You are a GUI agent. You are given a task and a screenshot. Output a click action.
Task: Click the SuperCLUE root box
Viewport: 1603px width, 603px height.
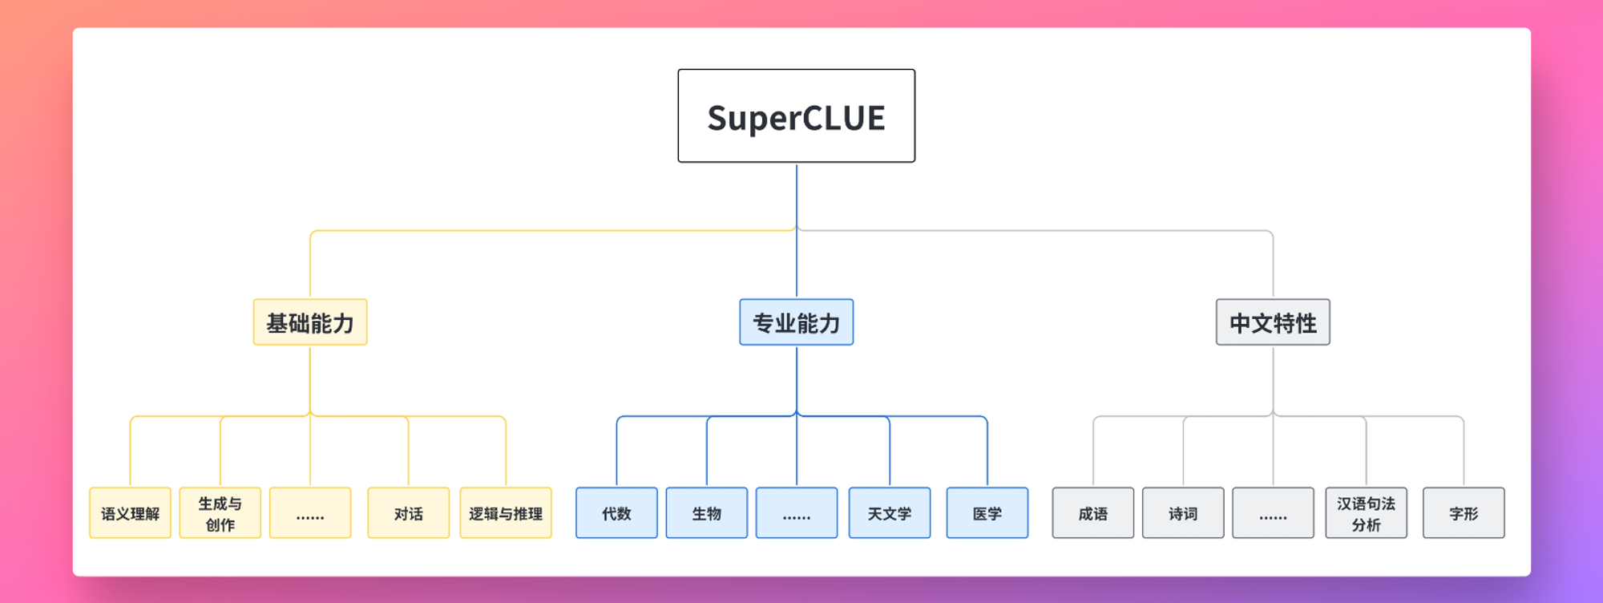(796, 115)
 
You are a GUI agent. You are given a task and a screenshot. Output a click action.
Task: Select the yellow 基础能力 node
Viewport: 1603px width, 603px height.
(310, 322)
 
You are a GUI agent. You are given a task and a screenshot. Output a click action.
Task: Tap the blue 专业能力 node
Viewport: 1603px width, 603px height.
(796, 322)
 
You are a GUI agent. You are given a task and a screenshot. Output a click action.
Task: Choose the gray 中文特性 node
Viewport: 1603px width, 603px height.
(1273, 322)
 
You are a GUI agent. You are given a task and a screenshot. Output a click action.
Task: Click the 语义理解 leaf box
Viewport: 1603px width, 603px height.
(130, 513)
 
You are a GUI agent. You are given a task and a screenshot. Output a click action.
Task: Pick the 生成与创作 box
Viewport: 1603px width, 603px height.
(220, 513)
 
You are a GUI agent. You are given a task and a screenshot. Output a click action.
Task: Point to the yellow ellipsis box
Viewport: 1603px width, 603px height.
(310, 513)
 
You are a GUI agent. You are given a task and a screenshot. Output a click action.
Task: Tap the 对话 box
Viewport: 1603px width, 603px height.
(408, 513)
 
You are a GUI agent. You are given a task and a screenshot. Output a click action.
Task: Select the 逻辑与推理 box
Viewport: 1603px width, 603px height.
(506, 513)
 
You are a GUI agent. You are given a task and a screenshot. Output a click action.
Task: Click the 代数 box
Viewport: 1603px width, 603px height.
(616, 513)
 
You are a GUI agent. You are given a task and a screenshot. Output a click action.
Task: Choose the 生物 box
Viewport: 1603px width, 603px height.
(707, 513)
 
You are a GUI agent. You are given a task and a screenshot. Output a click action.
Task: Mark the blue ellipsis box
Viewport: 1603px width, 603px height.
(797, 513)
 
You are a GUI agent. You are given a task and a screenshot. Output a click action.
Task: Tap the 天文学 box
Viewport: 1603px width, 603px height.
(890, 513)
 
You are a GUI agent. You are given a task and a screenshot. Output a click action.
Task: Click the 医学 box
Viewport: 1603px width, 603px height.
(987, 513)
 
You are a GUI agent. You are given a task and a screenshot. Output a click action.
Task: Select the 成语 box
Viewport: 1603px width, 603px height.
(1093, 513)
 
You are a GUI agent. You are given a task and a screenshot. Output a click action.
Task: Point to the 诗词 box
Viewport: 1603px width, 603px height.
(1183, 513)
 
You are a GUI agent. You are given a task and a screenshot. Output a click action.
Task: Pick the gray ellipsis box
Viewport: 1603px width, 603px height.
(1273, 513)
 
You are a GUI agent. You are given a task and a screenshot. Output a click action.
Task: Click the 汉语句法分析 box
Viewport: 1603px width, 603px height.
(1366, 513)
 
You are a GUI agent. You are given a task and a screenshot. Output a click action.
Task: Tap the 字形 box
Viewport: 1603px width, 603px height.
(1464, 513)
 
